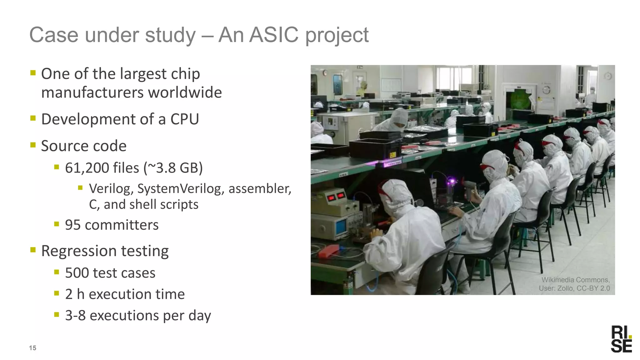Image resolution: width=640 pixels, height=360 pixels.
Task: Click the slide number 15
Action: tap(32, 348)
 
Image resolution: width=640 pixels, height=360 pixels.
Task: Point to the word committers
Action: tap(122, 225)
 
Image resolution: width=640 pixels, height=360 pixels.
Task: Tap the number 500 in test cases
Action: tap(77, 273)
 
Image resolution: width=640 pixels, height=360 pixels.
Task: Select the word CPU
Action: tap(184, 119)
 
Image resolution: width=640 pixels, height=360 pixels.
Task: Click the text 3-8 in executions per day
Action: tap(75, 315)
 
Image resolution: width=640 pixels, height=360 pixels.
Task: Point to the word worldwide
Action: tap(185, 92)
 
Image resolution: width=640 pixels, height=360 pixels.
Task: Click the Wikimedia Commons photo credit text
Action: tap(575, 284)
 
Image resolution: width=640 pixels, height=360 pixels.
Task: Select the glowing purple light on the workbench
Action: tap(452, 181)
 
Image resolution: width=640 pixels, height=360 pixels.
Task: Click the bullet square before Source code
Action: tap(33, 145)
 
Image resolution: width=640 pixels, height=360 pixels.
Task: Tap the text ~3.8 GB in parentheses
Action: tap(173, 168)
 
